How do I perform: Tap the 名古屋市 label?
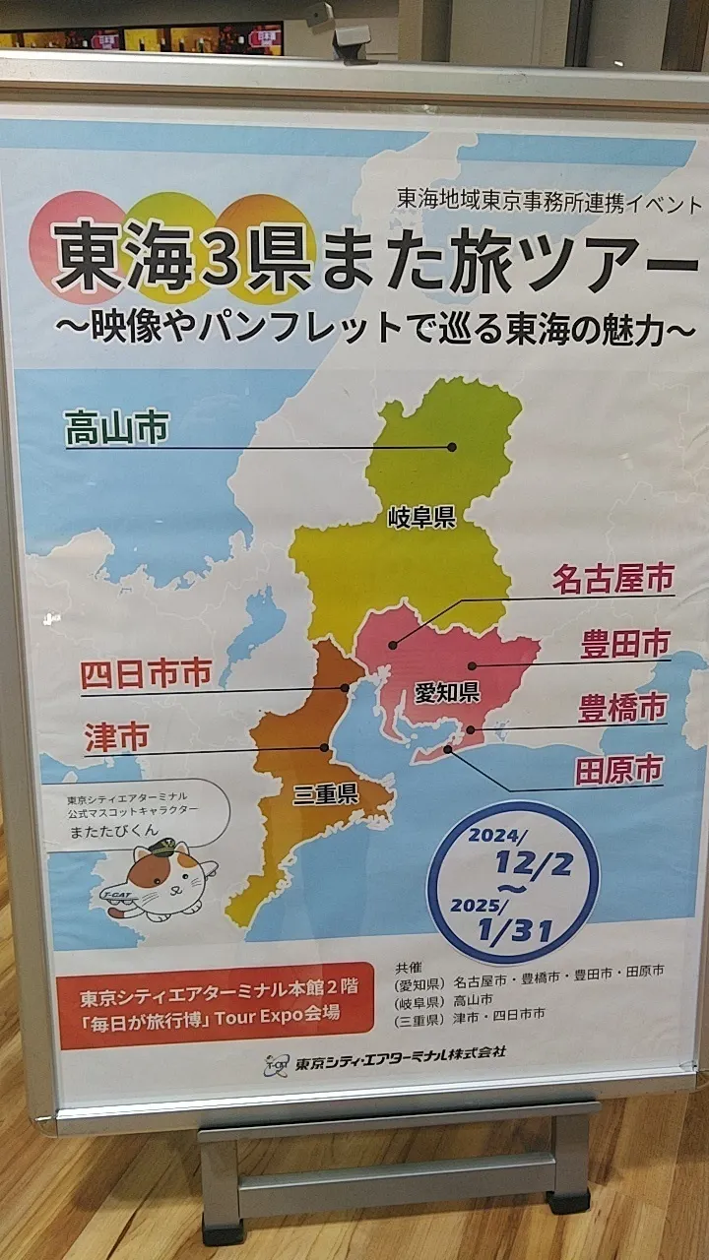(x=612, y=579)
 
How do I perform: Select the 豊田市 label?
(x=623, y=644)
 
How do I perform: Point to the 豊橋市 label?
(x=621, y=707)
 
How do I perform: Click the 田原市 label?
(x=618, y=770)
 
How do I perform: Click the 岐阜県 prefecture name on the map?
(x=421, y=517)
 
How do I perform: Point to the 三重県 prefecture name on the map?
(x=324, y=794)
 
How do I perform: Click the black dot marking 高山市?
(x=452, y=447)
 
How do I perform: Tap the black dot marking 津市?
(x=325, y=747)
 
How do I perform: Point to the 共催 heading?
(x=408, y=967)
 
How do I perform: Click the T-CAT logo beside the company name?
(x=278, y=1064)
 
